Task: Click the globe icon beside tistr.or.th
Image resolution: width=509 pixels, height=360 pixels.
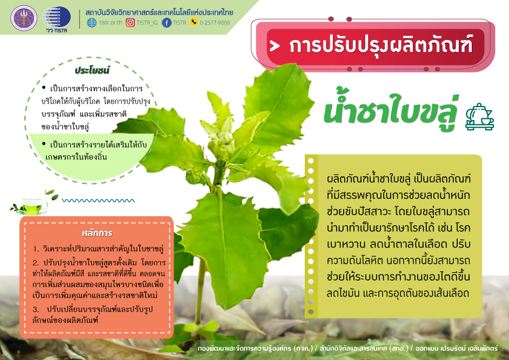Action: click(92, 23)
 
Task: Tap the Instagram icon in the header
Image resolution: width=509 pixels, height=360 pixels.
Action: click(130, 22)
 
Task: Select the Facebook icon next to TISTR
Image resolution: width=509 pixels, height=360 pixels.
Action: click(166, 23)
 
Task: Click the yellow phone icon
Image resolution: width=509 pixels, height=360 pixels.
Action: click(194, 22)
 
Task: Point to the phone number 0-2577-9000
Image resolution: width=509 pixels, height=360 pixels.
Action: click(215, 23)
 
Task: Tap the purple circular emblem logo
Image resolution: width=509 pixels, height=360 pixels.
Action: click(24, 18)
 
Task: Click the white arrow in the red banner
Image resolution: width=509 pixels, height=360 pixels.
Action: click(274, 46)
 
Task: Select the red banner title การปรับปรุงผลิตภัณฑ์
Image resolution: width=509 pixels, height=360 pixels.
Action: click(380, 45)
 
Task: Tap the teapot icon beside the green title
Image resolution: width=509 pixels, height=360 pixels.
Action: click(479, 117)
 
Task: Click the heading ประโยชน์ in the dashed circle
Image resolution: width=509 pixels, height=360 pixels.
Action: click(92, 70)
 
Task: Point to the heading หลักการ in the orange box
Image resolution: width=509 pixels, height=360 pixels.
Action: click(97, 233)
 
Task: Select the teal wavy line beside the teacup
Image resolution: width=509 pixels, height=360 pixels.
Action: click(98, 201)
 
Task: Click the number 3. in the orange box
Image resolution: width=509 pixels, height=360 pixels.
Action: click(36, 309)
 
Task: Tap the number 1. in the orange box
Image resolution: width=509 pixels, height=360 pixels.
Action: click(36, 249)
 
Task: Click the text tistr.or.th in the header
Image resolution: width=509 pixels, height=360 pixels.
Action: click(111, 23)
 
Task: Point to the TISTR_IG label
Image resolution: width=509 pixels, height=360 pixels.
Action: click(147, 23)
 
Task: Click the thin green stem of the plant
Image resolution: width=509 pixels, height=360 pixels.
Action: click(200, 292)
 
